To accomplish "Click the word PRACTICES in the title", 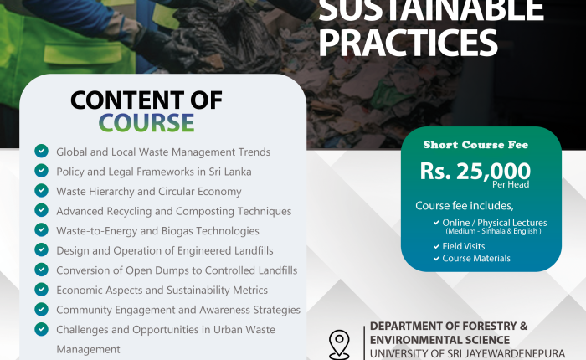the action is click(408, 43).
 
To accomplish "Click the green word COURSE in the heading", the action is click(146, 122).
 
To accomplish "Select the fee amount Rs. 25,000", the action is click(475, 172).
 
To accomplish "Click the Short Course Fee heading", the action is click(475, 145).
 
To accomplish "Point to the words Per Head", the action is click(511, 184).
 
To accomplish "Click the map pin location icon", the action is click(339, 345).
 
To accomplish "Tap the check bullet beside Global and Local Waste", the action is click(42, 151).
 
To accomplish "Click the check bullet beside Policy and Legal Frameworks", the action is click(42, 171).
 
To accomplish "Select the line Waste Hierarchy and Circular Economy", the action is click(149, 192).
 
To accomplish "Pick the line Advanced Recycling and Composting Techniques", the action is click(174, 211).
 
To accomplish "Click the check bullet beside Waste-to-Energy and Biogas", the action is click(42, 230).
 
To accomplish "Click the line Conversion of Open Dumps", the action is click(177, 270).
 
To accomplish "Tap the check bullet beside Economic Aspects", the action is click(42, 290).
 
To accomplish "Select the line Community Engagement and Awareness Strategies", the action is click(178, 310).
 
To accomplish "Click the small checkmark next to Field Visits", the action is click(436, 246).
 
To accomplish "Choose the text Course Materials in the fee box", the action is click(476, 259).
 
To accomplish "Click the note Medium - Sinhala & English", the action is click(493, 231).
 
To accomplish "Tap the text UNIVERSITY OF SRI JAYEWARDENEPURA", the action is click(467, 353).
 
